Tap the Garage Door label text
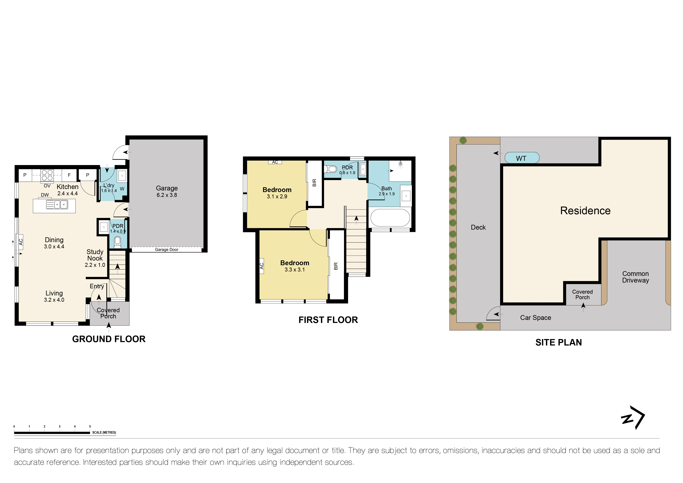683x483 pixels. coord(166,249)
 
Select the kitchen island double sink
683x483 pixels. coord(57,204)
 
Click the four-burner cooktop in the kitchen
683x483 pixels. coord(47,175)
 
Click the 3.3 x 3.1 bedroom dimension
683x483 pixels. coord(295,270)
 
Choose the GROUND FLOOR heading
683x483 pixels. coord(109,339)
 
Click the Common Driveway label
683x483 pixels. coord(635,277)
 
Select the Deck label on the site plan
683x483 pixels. coord(478,227)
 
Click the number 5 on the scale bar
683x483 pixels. coord(90,426)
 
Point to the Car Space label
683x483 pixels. coord(535,318)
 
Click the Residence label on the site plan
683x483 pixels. coord(585,211)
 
